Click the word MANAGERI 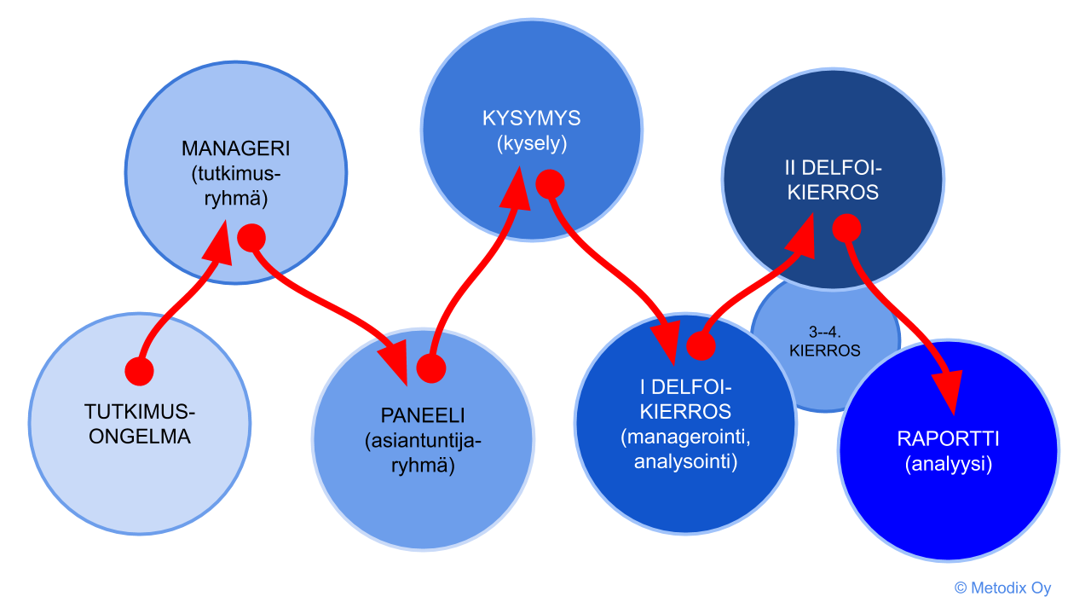pos(236,148)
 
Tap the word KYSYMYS pos(530,119)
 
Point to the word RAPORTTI pos(948,439)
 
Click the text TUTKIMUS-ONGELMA pos(140,425)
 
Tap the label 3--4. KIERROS pos(824,341)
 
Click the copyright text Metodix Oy pos(1002,588)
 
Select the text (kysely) pos(530,144)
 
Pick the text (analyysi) pos(948,465)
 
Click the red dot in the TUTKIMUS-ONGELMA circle pos(139,371)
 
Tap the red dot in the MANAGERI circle pos(251,237)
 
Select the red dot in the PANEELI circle pos(431,368)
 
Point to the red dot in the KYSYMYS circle pos(550,182)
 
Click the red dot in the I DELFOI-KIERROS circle pos(701,345)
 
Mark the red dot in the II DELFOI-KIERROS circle pos(846,227)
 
